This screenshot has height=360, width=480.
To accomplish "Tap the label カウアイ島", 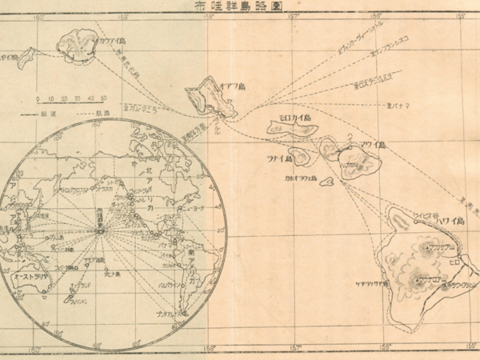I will click(110, 39).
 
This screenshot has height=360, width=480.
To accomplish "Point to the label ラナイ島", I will click(281, 158).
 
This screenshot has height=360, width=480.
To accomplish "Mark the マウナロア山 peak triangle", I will click(417, 280).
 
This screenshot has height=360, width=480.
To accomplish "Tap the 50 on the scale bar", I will click(103, 98).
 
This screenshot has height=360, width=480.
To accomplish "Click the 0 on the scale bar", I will click(37, 98).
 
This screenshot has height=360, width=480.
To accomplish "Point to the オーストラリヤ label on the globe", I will click(34, 274).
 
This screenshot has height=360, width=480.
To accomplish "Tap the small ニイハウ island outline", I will click(27, 56).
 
